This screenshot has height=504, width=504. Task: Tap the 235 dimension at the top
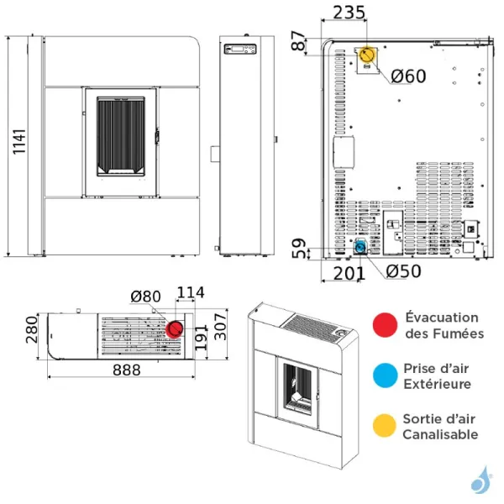[x=348, y=13]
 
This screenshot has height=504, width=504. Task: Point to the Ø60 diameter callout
[x=408, y=76]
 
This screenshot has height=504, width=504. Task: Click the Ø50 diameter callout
[x=403, y=271]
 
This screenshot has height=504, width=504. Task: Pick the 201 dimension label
[x=349, y=272]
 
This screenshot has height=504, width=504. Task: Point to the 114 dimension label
[x=191, y=293]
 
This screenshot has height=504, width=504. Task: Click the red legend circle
[x=386, y=325]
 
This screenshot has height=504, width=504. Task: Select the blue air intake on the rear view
[x=360, y=247]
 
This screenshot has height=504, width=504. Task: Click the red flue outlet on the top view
[x=176, y=328]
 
